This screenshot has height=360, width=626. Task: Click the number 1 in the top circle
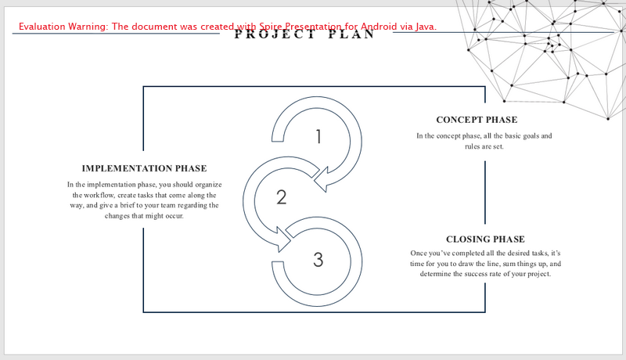(318, 136)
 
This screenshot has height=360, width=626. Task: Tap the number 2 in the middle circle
(282, 197)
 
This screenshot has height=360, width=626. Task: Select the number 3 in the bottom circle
(318, 259)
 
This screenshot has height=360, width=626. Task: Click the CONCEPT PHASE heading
(477, 120)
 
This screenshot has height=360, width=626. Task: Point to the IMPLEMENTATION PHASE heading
(144, 168)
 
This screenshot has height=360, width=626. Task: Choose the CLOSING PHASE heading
(485, 239)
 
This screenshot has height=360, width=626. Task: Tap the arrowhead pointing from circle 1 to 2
(322, 180)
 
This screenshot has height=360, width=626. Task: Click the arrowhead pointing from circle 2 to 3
(284, 239)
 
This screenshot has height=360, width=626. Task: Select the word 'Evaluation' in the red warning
(42, 27)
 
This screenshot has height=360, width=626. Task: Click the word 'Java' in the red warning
(426, 27)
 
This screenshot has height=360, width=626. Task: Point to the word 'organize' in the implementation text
(208, 185)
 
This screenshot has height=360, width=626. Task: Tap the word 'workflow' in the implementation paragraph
(95, 195)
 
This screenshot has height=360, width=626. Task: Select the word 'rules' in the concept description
(473, 146)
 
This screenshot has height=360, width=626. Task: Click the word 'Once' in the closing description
(419, 253)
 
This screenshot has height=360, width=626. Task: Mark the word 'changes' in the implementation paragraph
(117, 216)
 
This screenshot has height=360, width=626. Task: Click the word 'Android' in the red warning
(379, 27)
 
